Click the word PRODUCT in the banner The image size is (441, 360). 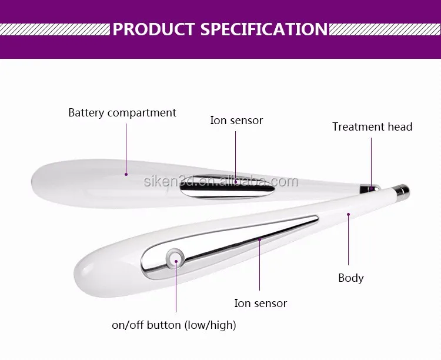[153, 29]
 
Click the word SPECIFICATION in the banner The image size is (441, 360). [264, 29]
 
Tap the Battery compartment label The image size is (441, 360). [122, 113]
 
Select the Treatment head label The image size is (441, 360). [372, 126]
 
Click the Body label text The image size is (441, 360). [350, 278]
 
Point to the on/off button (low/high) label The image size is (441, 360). [174, 325]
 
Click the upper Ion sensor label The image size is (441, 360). [236, 120]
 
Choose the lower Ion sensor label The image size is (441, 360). [260, 303]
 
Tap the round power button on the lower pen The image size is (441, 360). [175, 257]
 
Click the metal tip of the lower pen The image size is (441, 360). [402, 190]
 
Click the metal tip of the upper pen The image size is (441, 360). [369, 188]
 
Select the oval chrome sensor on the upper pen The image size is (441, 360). [227, 187]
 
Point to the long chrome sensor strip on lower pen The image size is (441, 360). [229, 245]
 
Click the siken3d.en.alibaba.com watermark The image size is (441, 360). [220, 181]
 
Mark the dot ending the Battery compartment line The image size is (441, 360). [126, 175]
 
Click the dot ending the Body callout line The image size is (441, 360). [348, 215]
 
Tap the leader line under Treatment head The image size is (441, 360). [371, 163]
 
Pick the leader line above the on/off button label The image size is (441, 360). [176, 286]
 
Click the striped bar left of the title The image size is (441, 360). [55, 29]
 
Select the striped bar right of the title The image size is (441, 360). [385, 29]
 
